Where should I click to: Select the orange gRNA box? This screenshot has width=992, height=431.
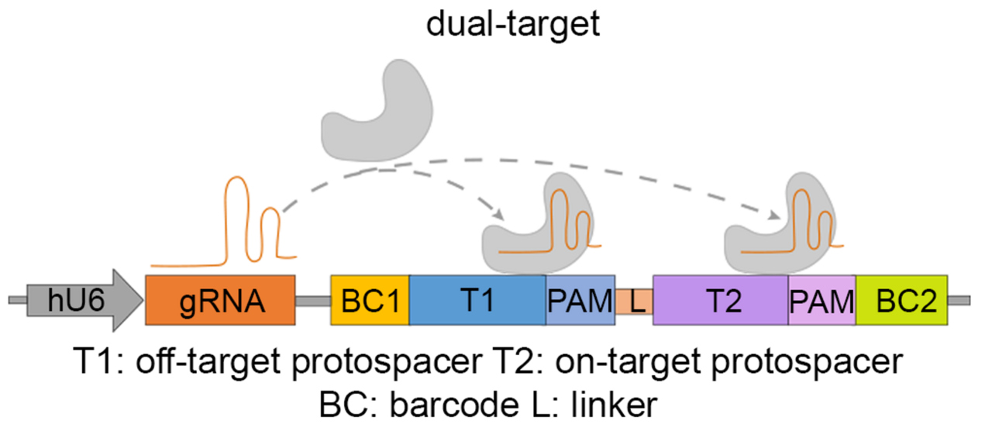click(220, 299)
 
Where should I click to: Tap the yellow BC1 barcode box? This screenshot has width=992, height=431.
click(370, 299)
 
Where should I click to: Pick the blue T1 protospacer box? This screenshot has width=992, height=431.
click(477, 299)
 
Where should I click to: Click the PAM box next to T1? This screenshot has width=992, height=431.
click(580, 299)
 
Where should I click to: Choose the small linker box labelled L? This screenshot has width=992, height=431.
click(635, 300)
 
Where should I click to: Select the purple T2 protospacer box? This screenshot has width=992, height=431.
click(721, 299)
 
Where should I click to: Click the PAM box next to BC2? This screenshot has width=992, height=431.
click(821, 299)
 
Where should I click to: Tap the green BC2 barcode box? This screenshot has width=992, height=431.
click(901, 299)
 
